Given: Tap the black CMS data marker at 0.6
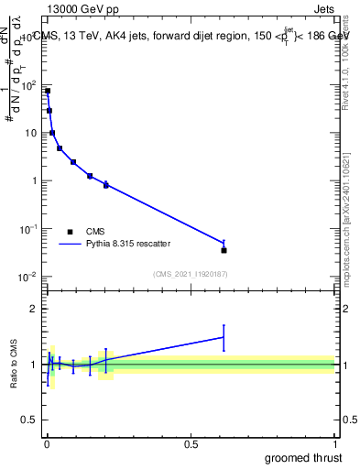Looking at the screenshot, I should pyautogui.click(x=224, y=250).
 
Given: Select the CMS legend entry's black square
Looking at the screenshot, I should pyautogui.click(x=70, y=232).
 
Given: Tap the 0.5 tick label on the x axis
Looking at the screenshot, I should pyautogui.click(x=191, y=443).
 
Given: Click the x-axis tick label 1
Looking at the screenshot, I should pyautogui.click(x=334, y=443).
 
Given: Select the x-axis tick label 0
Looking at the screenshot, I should pyautogui.click(x=47, y=443).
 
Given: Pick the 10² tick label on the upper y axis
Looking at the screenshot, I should pyautogui.click(x=29, y=85).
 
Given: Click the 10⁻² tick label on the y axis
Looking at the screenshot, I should pyautogui.click(x=28, y=276).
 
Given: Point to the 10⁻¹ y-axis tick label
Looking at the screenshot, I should pyautogui.click(x=28, y=228).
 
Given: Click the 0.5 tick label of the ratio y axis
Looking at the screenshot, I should pyautogui.click(x=29, y=420).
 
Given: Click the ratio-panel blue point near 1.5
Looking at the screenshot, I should pyautogui.click(x=224, y=337).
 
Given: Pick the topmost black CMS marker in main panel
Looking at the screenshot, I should pyautogui.click(x=47, y=91).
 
